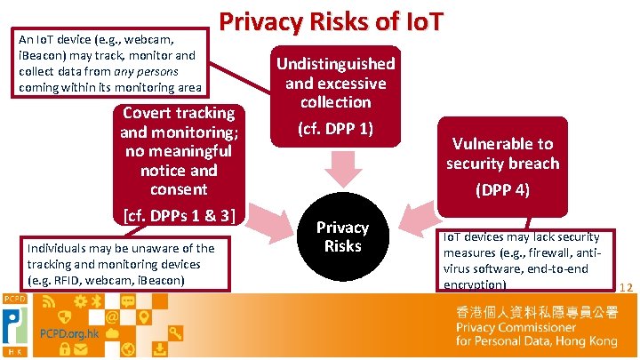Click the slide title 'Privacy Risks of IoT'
tap(328, 21)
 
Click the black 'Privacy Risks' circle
tap(342, 236)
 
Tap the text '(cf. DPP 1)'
tap(335, 128)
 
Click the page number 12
tap(625, 287)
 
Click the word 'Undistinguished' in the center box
tap(335, 64)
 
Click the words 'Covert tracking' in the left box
tap(179, 113)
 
